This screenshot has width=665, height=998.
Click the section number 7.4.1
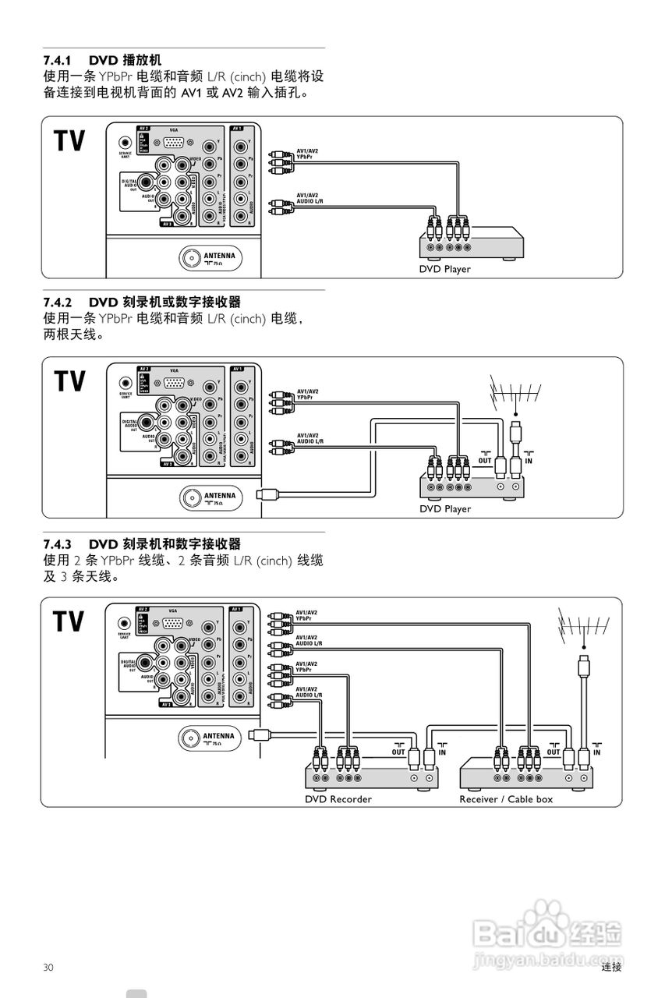pyautogui.click(x=57, y=60)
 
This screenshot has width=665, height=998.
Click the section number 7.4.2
pyautogui.click(x=57, y=302)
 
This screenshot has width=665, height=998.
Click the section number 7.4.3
pyautogui.click(x=57, y=543)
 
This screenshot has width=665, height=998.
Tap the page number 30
pyautogui.click(x=48, y=968)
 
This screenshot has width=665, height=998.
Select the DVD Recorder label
pyautogui.click(x=338, y=799)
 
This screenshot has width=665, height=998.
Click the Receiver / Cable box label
pyautogui.click(x=506, y=799)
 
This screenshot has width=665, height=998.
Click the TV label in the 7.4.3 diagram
pyautogui.click(x=69, y=621)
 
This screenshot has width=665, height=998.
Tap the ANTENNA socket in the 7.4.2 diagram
pyautogui.click(x=190, y=497)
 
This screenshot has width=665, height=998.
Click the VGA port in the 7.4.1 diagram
pyautogui.click(x=174, y=143)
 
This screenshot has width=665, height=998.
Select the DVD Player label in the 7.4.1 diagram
pyautogui.click(x=445, y=269)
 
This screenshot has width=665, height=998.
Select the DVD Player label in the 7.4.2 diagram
pyautogui.click(x=445, y=509)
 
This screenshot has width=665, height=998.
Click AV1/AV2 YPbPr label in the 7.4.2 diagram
pyautogui.click(x=307, y=395)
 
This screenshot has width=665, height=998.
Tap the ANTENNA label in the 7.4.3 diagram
pyautogui.click(x=218, y=735)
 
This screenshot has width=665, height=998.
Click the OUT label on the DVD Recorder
pyautogui.click(x=398, y=752)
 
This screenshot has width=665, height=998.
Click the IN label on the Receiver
pyautogui.click(x=596, y=752)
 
